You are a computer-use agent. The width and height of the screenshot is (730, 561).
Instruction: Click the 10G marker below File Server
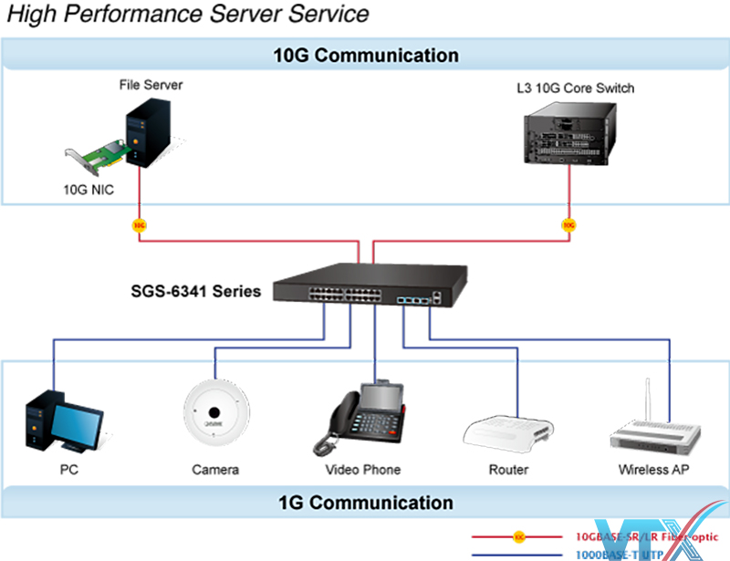139,224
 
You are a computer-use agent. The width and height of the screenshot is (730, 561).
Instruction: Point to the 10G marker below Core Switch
568,224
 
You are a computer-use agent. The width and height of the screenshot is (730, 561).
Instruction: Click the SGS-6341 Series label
195,293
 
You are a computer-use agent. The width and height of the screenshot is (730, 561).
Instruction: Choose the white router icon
507,435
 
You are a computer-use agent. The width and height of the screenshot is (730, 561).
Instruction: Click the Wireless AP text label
653,470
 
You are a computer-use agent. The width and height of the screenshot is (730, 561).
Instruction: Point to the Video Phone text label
362,470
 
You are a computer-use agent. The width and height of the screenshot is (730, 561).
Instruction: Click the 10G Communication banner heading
366,55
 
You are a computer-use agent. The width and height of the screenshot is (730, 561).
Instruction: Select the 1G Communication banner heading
366,503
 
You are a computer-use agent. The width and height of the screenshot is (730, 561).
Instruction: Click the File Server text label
151,85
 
